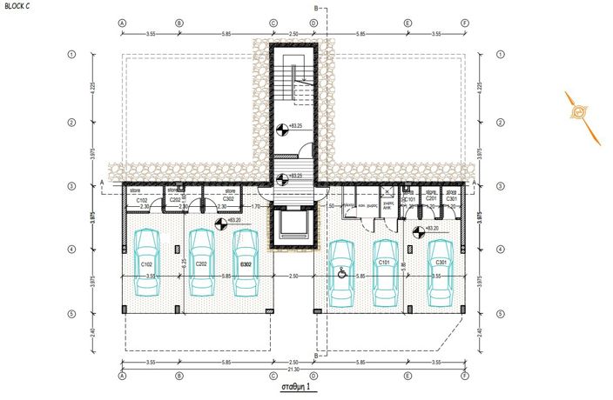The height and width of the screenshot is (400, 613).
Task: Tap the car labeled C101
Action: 385,271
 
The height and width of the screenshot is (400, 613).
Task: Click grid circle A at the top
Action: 123,23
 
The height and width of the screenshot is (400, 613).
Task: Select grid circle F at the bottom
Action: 465,377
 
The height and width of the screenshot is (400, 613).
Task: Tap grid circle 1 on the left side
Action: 71,54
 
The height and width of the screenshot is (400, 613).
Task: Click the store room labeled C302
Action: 229,199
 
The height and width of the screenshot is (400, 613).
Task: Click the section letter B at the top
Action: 316,6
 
